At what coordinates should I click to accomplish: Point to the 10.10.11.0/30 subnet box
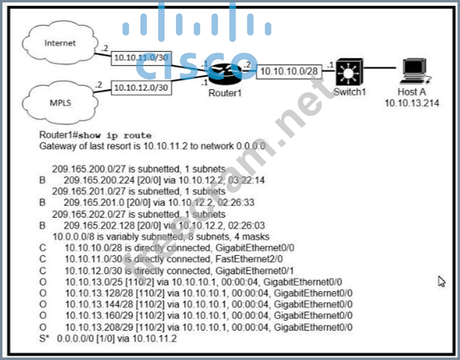(141, 58)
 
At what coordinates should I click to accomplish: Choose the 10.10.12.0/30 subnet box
(141, 87)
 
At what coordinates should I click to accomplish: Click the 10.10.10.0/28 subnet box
(289, 72)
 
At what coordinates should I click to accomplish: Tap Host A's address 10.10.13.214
(412, 103)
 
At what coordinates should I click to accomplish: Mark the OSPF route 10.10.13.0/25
(91, 281)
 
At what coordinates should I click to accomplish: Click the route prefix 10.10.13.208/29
(96, 327)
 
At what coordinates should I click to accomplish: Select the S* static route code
(43, 338)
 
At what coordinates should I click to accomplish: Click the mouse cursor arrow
(442, 281)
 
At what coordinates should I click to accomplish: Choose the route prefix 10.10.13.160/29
(96, 316)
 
